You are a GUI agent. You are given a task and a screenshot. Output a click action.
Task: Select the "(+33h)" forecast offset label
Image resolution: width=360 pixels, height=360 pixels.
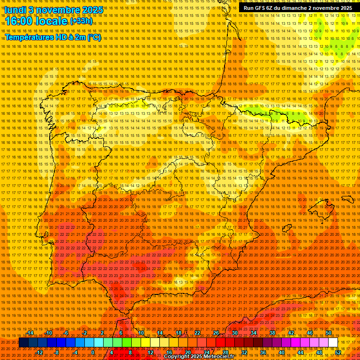click(x=81, y=21)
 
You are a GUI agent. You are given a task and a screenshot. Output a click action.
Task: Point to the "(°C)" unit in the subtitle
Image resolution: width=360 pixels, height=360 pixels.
click(x=94, y=37)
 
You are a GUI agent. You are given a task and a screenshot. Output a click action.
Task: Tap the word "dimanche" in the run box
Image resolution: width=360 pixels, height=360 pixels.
click(x=298, y=8)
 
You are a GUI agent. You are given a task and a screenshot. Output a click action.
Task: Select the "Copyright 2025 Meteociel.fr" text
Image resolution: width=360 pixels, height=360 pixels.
click(x=199, y=357)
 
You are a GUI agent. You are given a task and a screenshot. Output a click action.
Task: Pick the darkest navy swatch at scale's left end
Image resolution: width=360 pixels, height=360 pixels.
click(x=23, y=343)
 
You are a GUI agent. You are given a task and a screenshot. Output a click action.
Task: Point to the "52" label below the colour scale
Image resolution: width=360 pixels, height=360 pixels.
click(x=338, y=352)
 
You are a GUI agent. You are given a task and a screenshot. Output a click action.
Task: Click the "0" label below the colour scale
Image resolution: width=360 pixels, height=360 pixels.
click(x=93, y=352)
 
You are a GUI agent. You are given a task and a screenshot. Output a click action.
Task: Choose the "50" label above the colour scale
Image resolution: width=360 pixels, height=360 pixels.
click(x=329, y=333)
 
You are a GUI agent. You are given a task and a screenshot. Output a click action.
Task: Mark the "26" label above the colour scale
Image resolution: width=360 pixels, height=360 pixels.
click(x=216, y=333)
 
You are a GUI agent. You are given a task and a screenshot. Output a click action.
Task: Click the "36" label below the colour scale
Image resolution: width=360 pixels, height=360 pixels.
click(x=262, y=352)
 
